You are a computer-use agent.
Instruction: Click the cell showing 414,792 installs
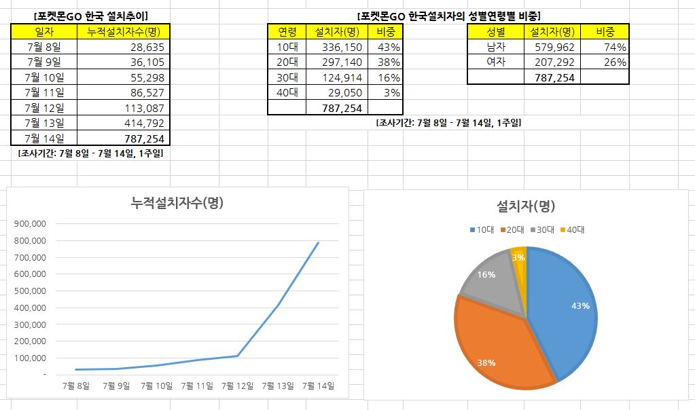click(124, 123)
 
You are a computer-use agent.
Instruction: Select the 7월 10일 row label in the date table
click(44, 77)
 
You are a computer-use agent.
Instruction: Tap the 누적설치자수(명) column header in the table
click(124, 32)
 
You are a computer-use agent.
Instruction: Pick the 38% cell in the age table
click(385, 62)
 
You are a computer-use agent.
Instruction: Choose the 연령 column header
click(287, 32)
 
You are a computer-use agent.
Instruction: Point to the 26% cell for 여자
click(605, 62)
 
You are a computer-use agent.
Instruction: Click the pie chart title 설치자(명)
click(526, 206)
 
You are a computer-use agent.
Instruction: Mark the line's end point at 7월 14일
click(318, 242)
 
